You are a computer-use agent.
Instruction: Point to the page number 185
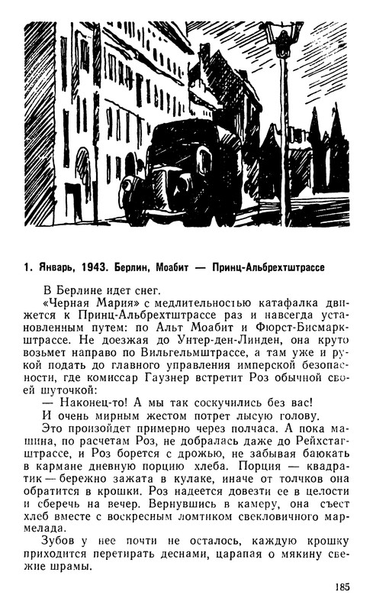(342, 587)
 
